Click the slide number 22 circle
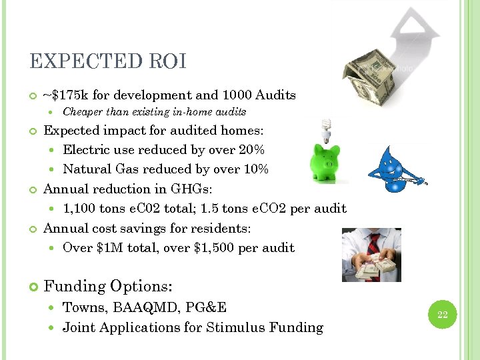coord(442,313)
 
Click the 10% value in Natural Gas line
coord(256,169)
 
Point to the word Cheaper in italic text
coord(83,112)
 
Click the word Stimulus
coord(235,327)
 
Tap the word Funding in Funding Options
coord(74,287)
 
